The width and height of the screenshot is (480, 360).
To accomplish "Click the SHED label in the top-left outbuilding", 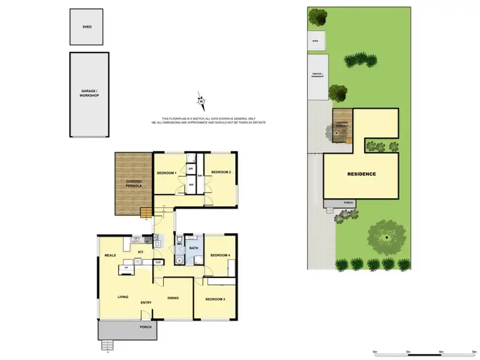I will (x=86, y=27).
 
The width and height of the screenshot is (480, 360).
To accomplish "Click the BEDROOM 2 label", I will (x=221, y=172).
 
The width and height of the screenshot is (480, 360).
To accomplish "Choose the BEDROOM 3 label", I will (x=215, y=299).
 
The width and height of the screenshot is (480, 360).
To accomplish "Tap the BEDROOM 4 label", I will (x=220, y=256).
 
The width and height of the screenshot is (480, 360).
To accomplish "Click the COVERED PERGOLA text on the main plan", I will (x=133, y=185).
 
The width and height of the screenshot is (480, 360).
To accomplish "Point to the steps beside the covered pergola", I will (x=147, y=212).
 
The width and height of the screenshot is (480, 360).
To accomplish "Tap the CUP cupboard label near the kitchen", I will (x=157, y=262).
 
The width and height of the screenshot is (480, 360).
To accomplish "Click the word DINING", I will (x=173, y=298).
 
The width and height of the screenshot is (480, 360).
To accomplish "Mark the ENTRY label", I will (x=147, y=303).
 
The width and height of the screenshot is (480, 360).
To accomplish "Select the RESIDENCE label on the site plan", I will (x=362, y=175).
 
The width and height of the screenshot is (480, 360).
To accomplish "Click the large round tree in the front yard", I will (x=387, y=236).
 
